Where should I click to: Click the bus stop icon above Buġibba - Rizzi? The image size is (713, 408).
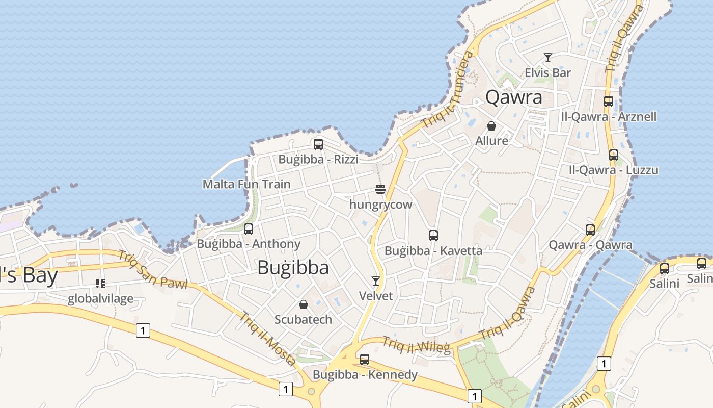pos(318,144)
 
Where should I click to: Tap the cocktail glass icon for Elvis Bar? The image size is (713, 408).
pos(548,58)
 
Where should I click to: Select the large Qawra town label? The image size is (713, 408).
pos(514,97)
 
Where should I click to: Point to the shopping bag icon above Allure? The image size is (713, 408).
pos(491,126)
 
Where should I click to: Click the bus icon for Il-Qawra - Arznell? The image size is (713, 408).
pos(609,101)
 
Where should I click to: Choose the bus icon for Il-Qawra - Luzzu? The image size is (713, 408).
pos(614,155)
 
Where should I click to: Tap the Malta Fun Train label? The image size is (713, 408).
pos(246,184)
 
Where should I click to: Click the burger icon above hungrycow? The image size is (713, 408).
pos(380,189)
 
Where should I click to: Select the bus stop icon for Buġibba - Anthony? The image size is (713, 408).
pos(249,229)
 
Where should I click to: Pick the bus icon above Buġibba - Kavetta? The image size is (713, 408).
pos(433,236)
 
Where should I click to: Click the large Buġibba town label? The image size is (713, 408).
pos(293,268)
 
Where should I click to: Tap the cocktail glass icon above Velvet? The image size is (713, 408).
pos(376,281)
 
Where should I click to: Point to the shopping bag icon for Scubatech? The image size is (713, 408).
pos(304,304)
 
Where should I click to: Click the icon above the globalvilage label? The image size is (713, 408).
pos(100,283)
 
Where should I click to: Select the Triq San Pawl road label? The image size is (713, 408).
pos(152,270)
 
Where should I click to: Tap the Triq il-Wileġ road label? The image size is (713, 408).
pos(417,345)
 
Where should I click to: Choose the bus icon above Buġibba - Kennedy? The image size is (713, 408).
pos(365,360)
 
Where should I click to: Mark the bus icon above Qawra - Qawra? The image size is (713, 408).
pos(590,230)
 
